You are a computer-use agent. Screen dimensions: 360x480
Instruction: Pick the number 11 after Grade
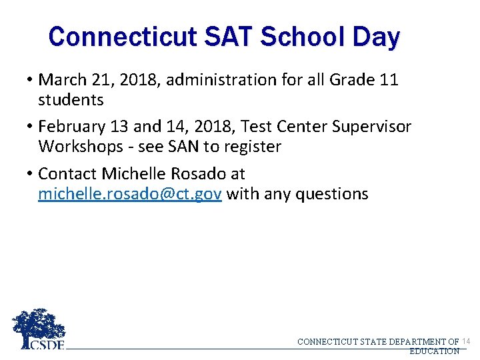[x=389, y=80]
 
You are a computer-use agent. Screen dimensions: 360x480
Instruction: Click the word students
[x=71, y=100]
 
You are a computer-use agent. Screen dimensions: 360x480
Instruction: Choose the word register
[x=254, y=147]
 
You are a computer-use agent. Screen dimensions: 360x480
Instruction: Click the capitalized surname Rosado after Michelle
[x=195, y=174]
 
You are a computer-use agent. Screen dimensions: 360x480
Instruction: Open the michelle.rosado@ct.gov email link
[x=130, y=194]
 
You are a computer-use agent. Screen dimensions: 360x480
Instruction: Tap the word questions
[x=331, y=194]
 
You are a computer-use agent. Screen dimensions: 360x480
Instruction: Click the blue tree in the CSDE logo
[x=39, y=325]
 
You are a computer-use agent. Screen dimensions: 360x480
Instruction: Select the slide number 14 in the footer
[x=465, y=341]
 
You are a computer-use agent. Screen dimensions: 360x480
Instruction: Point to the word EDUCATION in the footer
[x=434, y=351]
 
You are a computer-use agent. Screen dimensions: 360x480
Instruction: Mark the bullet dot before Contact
[x=31, y=175]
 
